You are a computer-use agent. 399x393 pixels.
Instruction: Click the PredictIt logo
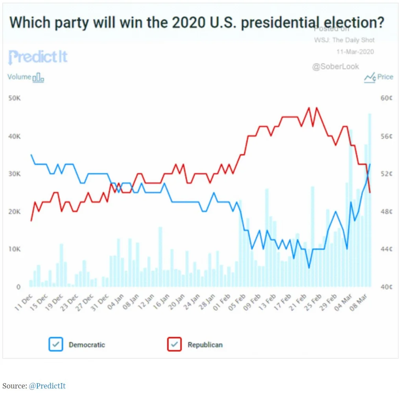[x=38, y=57]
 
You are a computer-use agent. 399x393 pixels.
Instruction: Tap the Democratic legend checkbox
[x=56, y=344]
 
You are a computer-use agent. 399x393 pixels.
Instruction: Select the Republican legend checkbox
[x=175, y=344]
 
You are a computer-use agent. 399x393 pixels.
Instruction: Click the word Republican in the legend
[x=205, y=345]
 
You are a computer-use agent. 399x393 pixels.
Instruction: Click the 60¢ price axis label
[x=387, y=98]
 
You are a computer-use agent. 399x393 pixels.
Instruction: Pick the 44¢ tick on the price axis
[x=387, y=249]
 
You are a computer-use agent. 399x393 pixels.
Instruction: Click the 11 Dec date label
[x=23, y=303]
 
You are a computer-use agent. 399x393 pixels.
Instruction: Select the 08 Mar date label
[x=360, y=303]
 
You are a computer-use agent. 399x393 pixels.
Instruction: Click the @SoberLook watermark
[x=335, y=66]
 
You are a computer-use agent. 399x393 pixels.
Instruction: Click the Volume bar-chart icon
[x=38, y=77]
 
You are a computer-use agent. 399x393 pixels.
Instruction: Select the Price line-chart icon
[x=369, y=77]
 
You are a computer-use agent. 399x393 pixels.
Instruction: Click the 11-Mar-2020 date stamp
[x=355, y=51]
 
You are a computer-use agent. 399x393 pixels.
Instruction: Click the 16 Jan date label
[x=163, y=303]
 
